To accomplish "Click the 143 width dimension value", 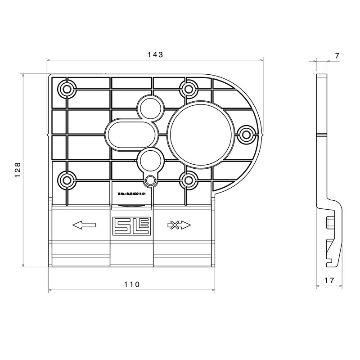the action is [155, 54].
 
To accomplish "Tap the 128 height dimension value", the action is [18, 170].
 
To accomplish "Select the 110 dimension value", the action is [132, 284].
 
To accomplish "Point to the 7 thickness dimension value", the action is [337, 56].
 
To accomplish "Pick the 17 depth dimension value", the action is [329, 280].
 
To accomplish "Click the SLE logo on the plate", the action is [131, 225].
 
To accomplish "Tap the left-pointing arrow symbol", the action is [84, 225].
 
